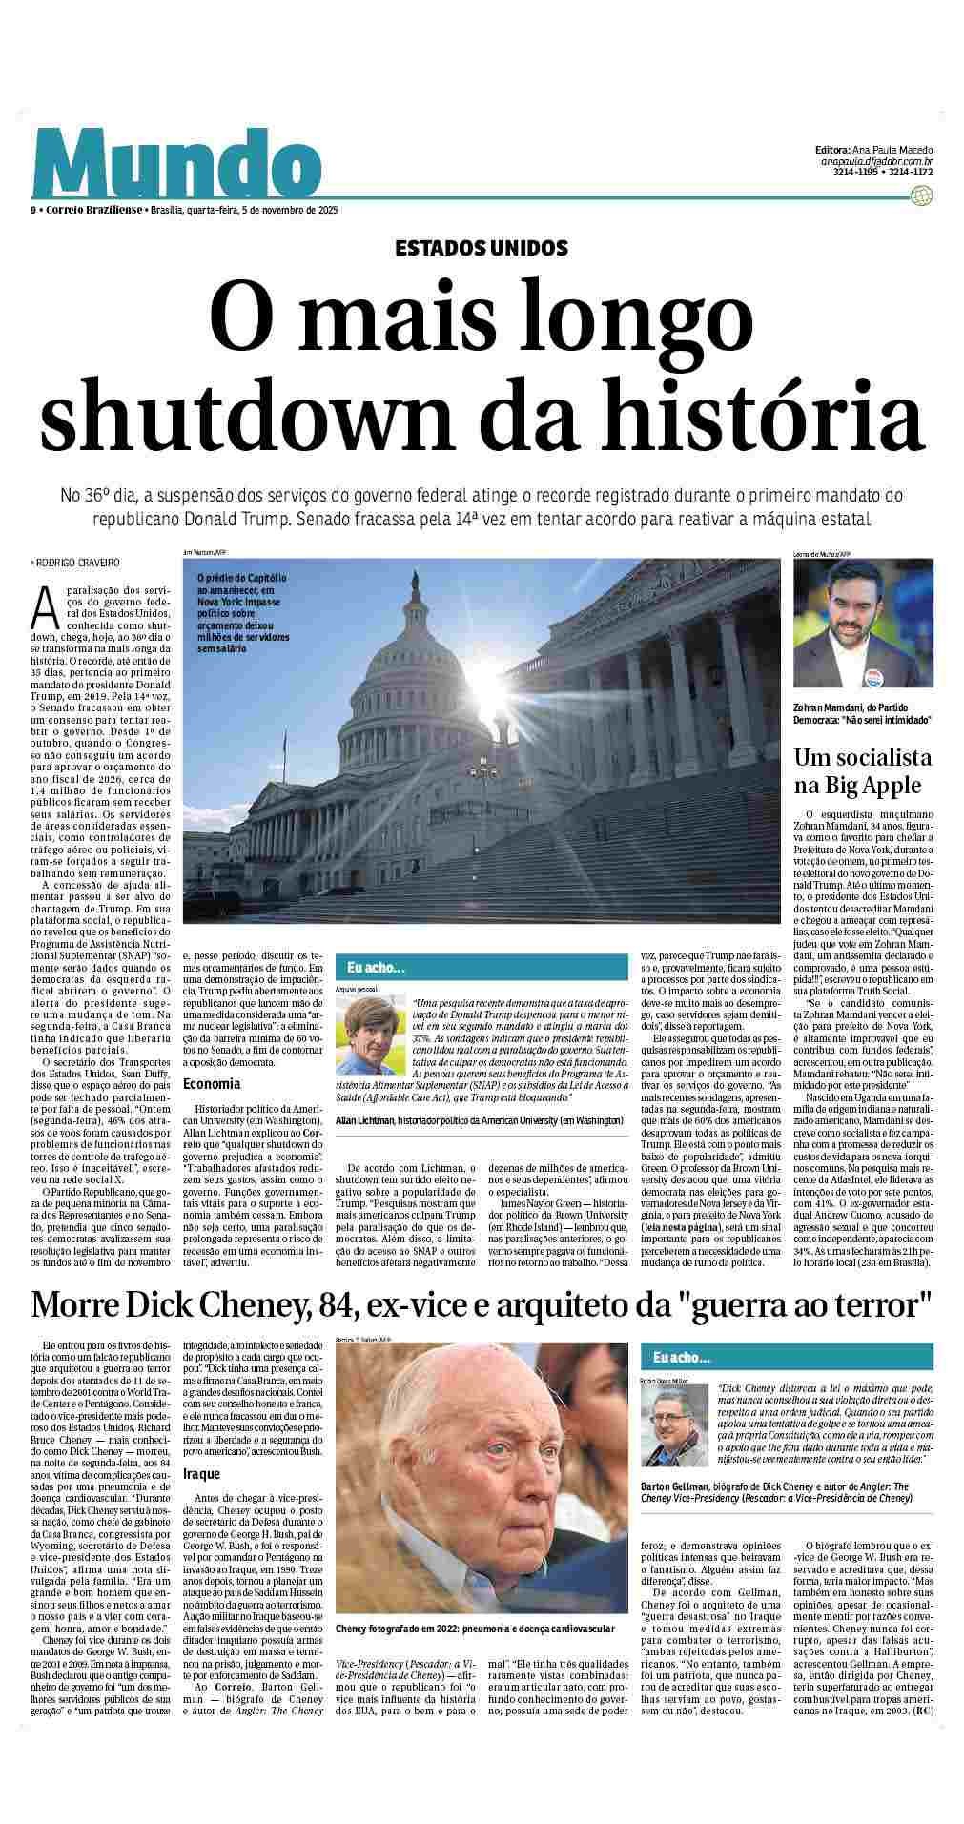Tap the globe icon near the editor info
click(921, 196)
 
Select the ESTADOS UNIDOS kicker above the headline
click(482, 248)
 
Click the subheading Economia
click(212, 1084)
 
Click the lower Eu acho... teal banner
click(786, 1357)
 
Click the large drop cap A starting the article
click(41, 604)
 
